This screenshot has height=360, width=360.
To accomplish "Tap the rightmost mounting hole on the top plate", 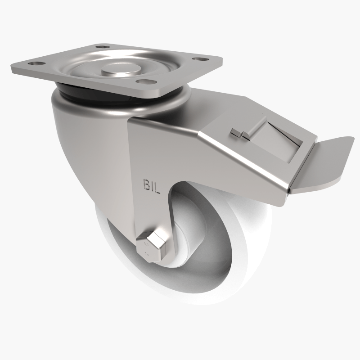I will [197, 57].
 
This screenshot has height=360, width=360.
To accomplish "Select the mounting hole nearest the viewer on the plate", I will [144, 81].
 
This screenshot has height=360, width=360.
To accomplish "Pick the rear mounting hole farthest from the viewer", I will [102, 46].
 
